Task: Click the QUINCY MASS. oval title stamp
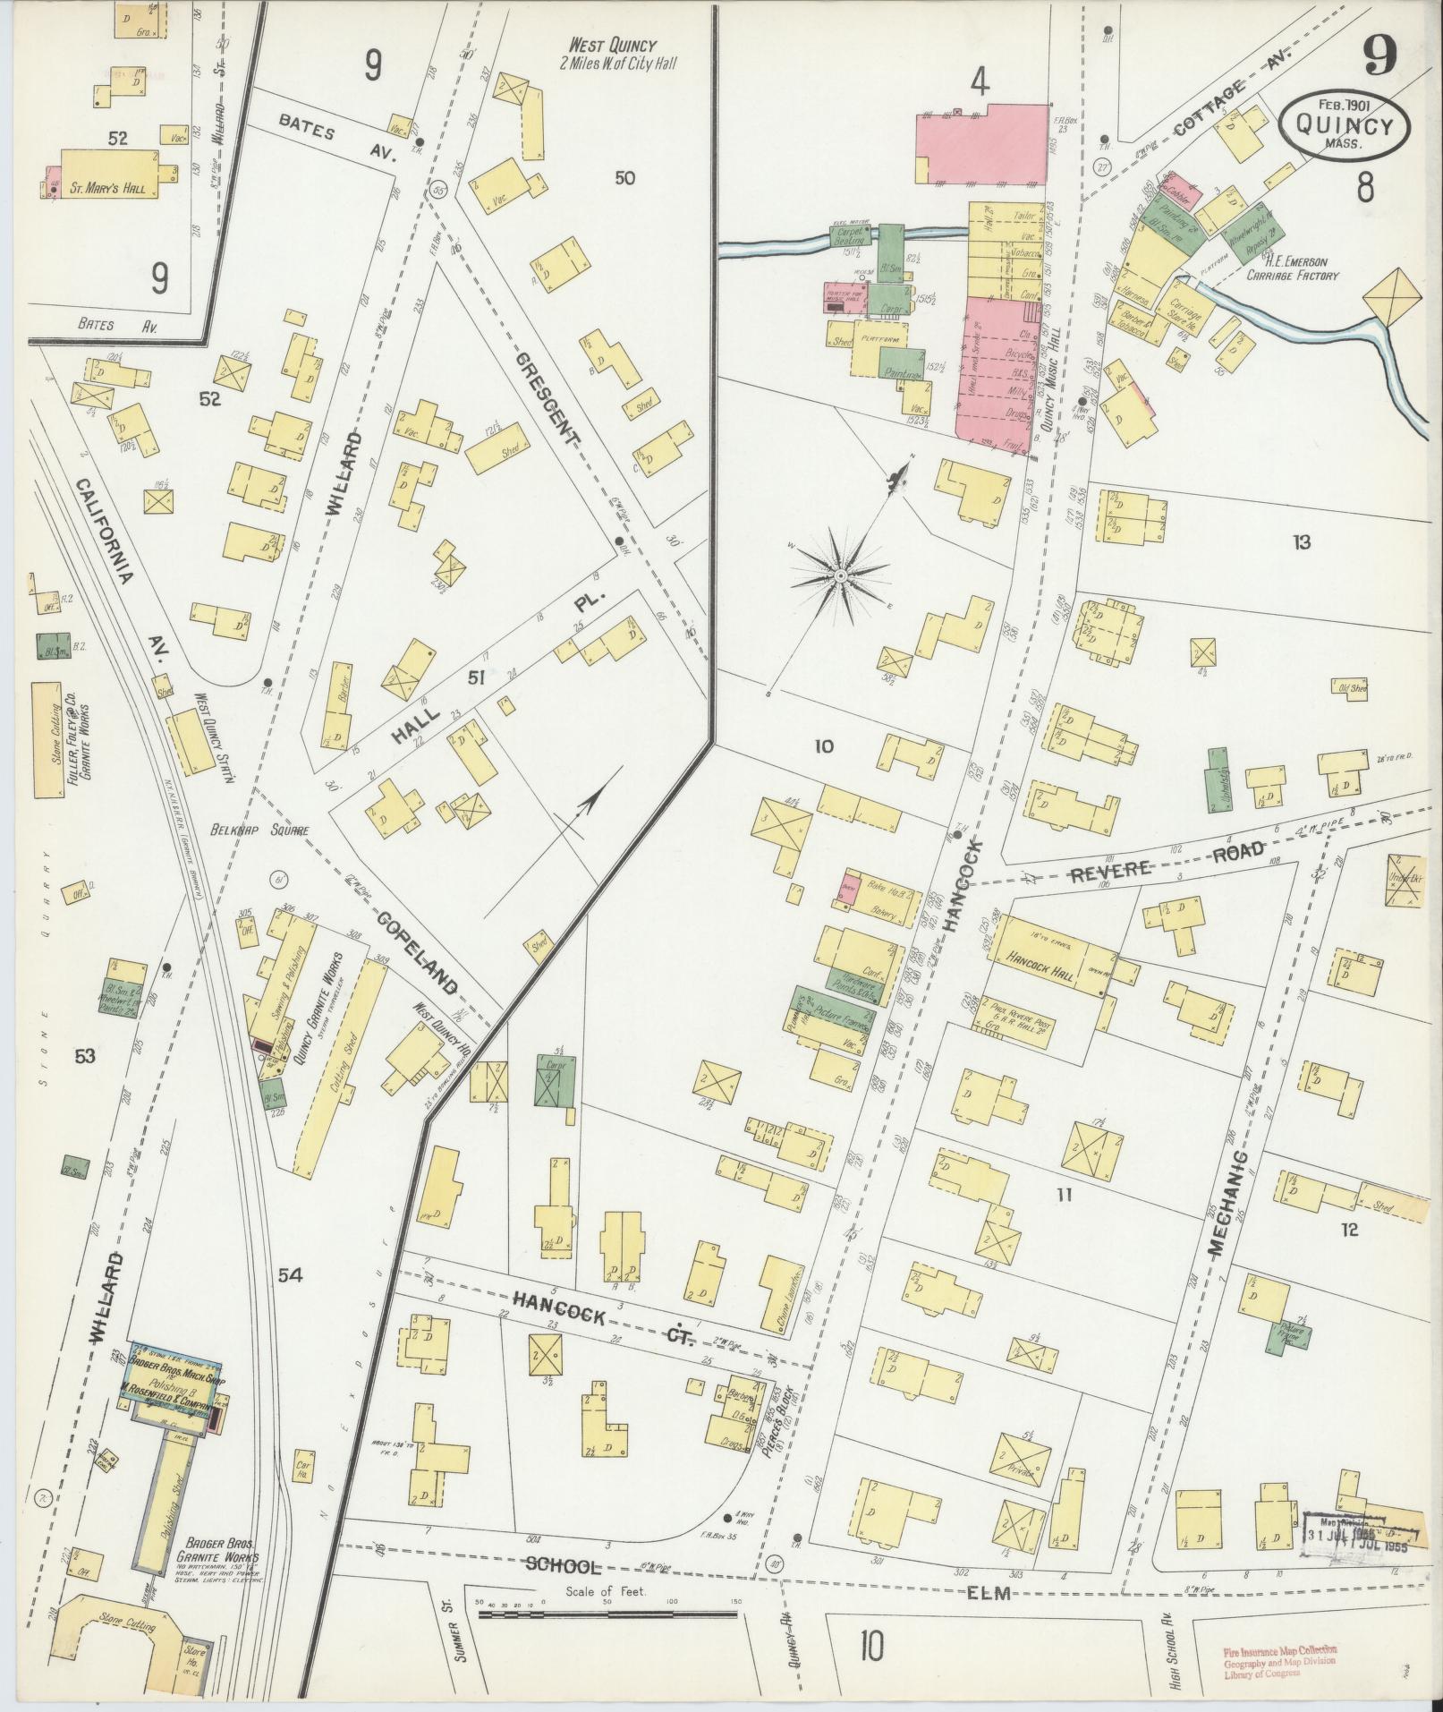1344,127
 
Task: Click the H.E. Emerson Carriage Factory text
1293,268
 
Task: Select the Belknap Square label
260,830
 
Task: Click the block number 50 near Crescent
624,178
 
